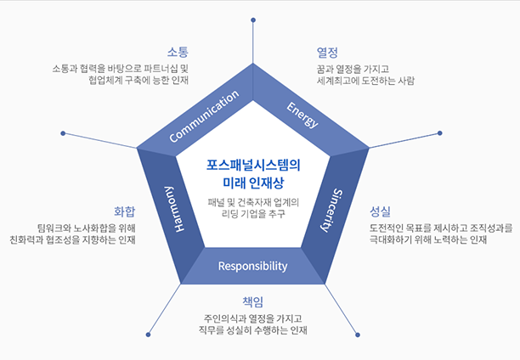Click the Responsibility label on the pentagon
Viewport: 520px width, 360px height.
tap(252, 266)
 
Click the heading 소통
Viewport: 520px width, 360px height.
tap(178, 51)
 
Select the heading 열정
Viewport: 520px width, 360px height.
tap(327, 52)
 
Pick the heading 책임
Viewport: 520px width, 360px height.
tap(253, 301)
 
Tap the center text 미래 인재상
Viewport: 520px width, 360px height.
tap(252, 182)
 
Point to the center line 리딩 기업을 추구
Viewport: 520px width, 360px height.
tap(252, 214)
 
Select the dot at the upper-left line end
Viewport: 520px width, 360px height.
tap(63, 133)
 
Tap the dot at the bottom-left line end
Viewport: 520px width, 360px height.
tap(148, 335)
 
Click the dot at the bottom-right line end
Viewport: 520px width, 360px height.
tap(358, 335)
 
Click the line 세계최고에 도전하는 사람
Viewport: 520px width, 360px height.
tap(365, 81)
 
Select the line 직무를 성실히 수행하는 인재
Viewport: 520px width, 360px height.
tap(252, 329)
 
